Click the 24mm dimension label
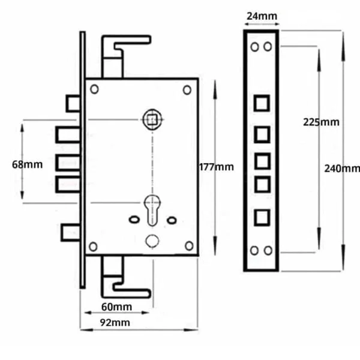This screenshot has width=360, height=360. pyautogui.click(x=262, y=16)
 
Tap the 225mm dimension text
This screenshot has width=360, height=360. pyautogui.click(x=321, y=122)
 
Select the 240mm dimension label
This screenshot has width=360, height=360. pyautogui.click(x=342, y=169)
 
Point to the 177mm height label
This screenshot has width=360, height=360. pyautogui.click(x=216, y=167)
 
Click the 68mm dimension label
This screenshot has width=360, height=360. pyautogui.click(x=28, y=164)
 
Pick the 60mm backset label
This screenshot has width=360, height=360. pyautogui.click(x=116, y=307)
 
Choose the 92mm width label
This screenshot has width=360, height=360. pyautogui.click(x=115, y=323)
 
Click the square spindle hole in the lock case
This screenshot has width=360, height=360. pyautogui.click(x=151, y=119)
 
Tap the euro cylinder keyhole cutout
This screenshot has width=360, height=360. pyautogui.click(x=152, y=210)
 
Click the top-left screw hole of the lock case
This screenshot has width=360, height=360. pyautogui.click(x=94, y=89)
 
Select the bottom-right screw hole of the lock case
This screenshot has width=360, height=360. pyautogui.click(x=189, y=245)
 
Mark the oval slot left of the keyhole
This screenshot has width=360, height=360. pyautogui.click(x=134, y=220)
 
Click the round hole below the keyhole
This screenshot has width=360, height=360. pyautogui.click(x=152, y=241)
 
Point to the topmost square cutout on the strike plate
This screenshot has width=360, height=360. pyautogui.click(x=262, y=103)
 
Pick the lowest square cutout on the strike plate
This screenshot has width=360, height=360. pyautogui.click(x=262, y=217)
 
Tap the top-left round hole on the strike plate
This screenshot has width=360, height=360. pyautogui.click(x=254, y=47)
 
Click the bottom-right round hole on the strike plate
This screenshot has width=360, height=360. pyautogui.click(x=268, y=250)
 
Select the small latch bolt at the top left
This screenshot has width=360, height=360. pyautogui.click(x=73, y=103)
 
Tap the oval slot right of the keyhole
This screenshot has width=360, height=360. pyautogui.click(x=172, y=220)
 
